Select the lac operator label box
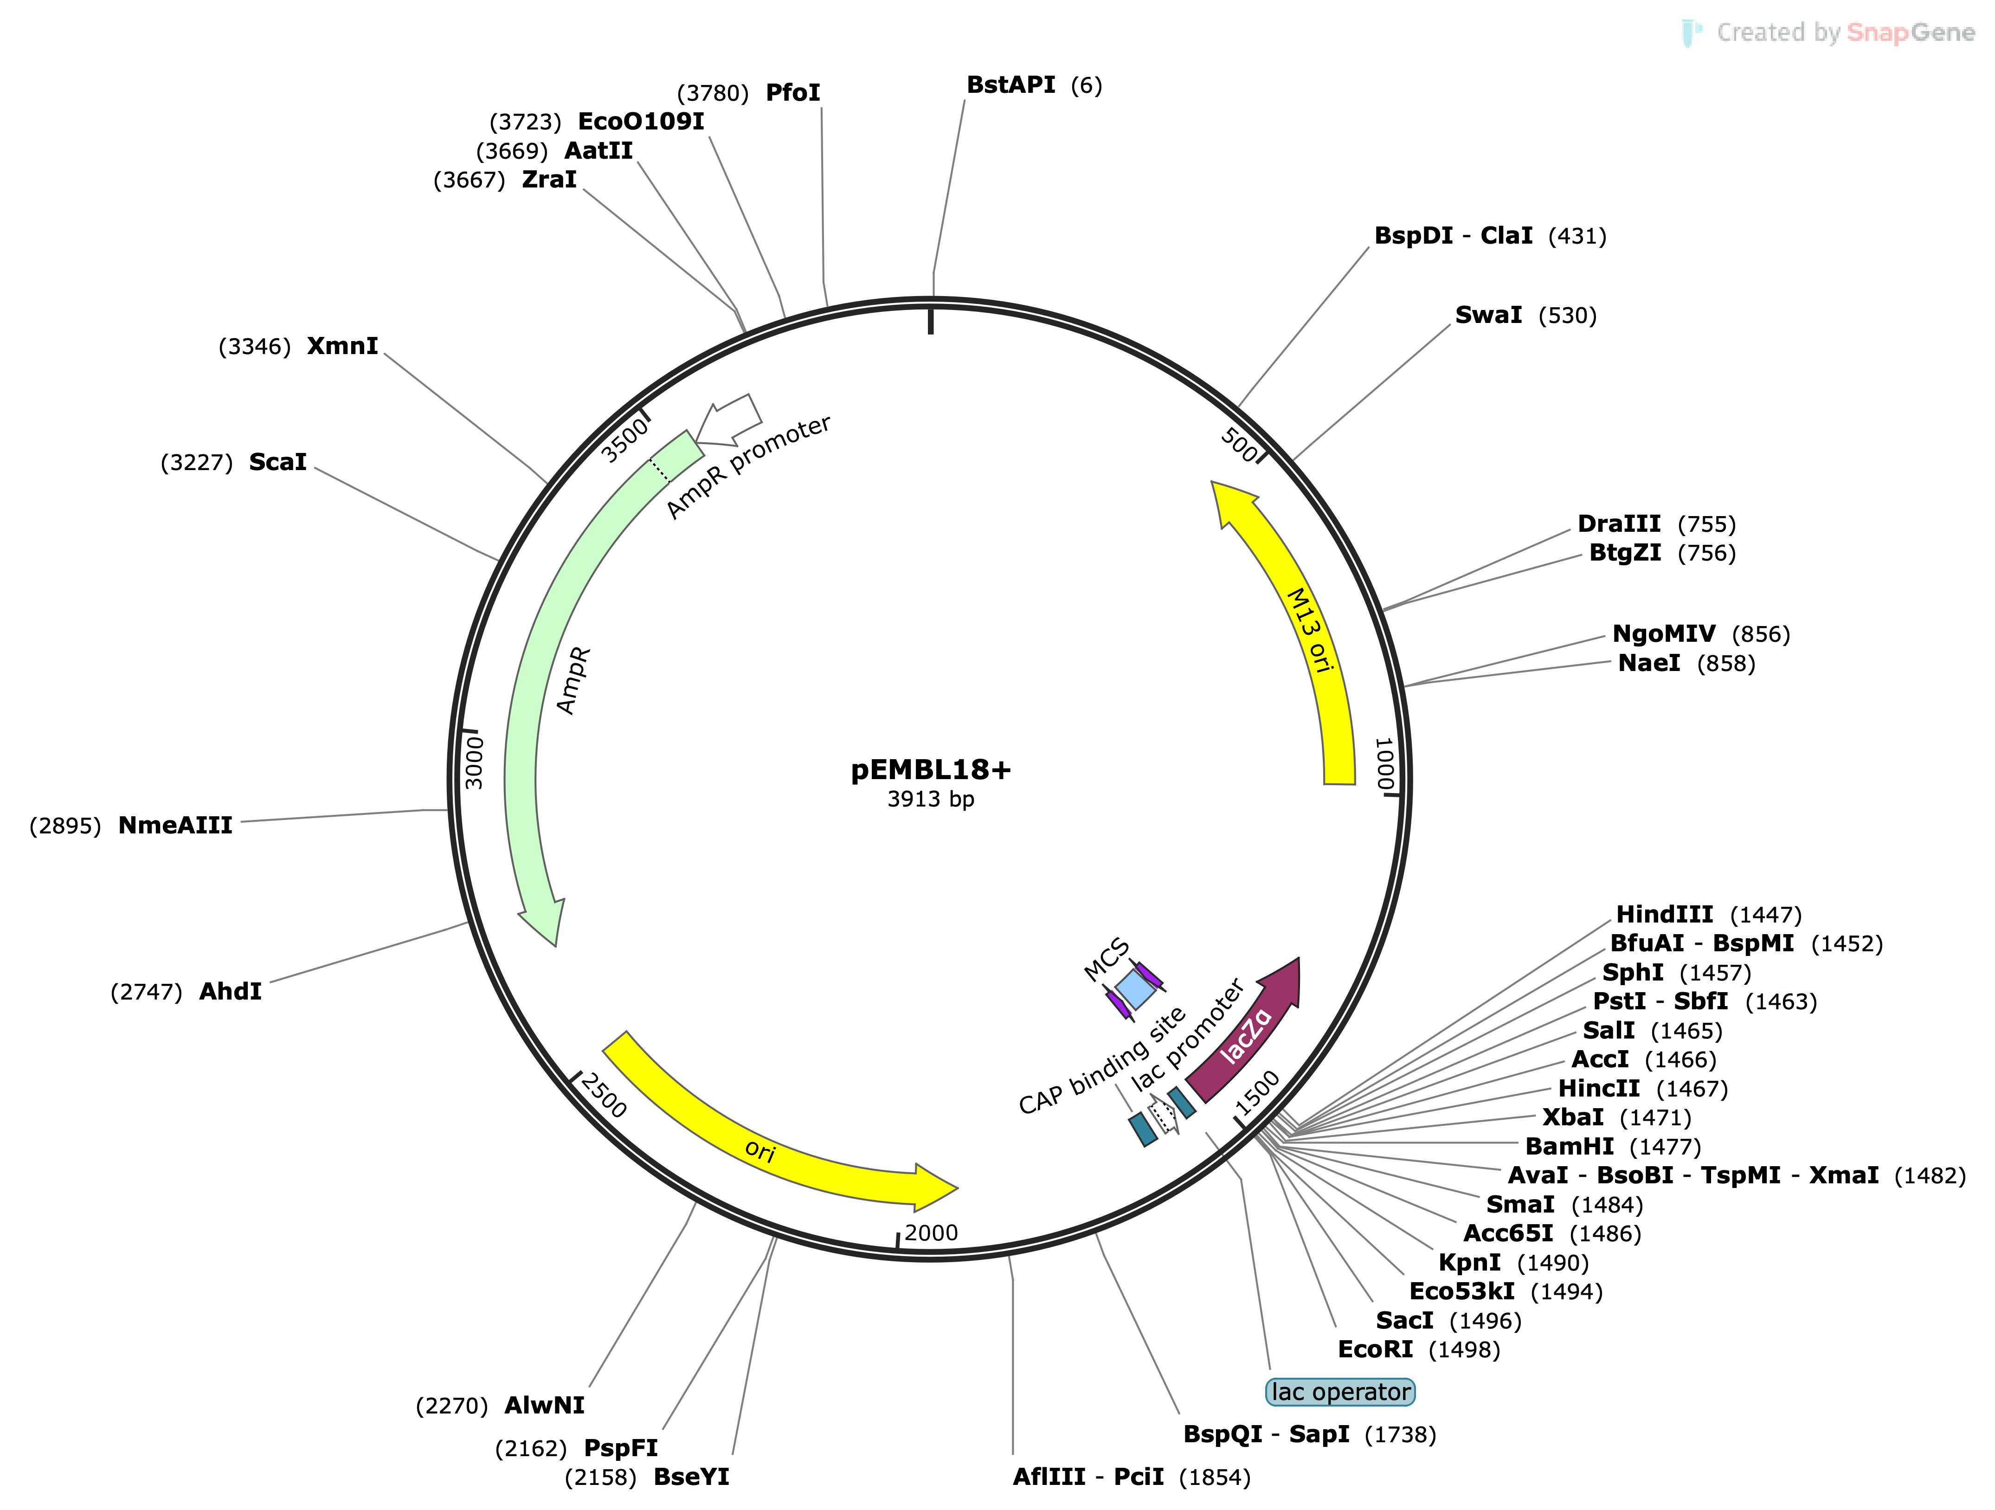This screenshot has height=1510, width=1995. click(x=1340, y=1392)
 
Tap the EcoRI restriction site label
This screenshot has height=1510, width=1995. click(x=1375, y=1349)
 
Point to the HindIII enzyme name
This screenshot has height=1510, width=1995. click(x=1664, y=915)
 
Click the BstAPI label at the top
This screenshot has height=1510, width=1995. click(x=1010, y=85)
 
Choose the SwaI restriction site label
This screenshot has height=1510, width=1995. click(x=1488, y=315)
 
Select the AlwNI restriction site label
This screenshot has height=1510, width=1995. click(x=544, y=1406)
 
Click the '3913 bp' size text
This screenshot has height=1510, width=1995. click(x=931, y=799)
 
